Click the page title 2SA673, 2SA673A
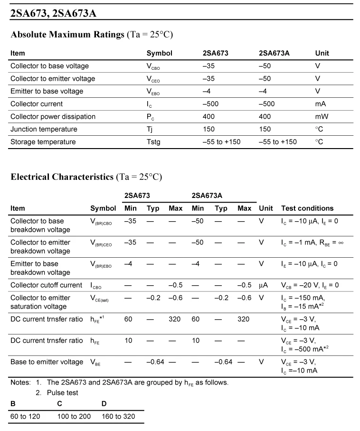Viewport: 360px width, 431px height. click(x=53, y=13)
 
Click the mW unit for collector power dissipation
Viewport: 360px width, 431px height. click(x=322, y=116)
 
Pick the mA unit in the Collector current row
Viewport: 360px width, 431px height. click(x=321, y=104)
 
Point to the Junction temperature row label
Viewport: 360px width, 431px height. click(x=44, y=129)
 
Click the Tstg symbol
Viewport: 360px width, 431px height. click(x=153, y=142)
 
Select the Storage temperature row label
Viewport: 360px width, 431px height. click(x=43, y=142)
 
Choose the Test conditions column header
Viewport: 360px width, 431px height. click(x=307, y=208)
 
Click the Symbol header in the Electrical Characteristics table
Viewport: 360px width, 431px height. click(x=103, y=208)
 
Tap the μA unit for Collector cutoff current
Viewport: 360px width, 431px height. click(x=264, y=285)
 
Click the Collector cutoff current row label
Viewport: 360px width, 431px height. click(x=47, y=285)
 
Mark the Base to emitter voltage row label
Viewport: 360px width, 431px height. click(x=47, y=362)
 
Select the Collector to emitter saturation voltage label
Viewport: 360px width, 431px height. click(x=40, y=302)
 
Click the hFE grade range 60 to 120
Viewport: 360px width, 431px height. click(x=25, y=416)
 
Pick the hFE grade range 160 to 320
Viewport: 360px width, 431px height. click(x=118, y=416)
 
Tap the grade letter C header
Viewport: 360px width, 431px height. click(x=59, y=403)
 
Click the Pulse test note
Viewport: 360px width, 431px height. click(x=63, y=393)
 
